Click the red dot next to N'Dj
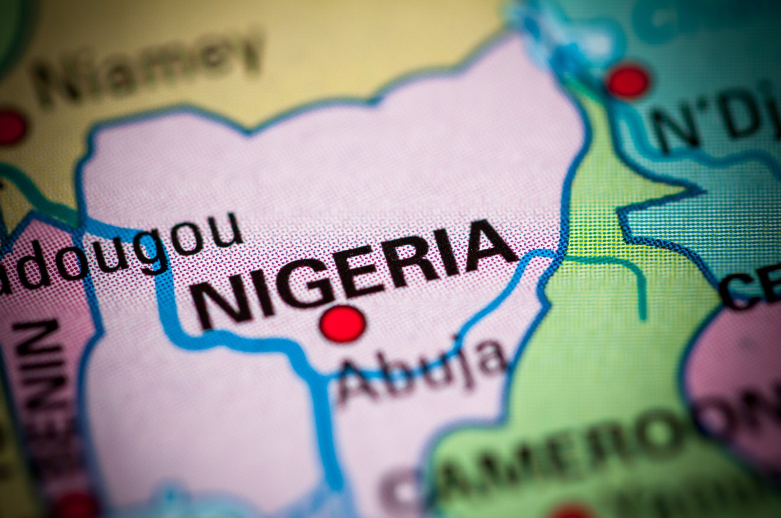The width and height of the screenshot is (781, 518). [x=628, y=81]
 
